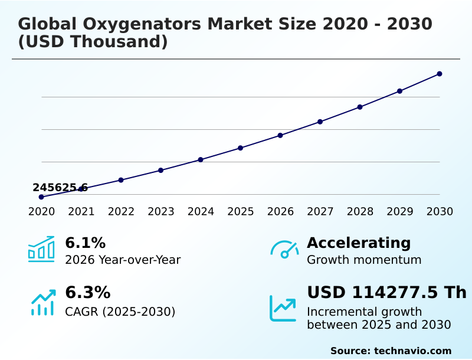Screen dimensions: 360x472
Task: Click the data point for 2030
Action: point(440,74)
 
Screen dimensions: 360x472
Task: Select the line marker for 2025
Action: point(241,148)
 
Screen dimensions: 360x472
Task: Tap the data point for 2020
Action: point(41,197)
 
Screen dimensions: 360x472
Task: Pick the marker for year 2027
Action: point(320,122)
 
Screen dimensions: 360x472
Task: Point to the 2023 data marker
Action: point(161,170)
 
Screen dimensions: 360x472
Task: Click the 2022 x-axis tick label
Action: point(121,212)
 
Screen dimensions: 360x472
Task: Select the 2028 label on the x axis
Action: point(360,212)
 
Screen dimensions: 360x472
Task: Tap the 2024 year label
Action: point(201,212)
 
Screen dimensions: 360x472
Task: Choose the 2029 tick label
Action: point(399,212)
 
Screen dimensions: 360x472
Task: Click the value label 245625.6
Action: point(60,188)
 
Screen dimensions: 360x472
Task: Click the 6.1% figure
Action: point(85,243)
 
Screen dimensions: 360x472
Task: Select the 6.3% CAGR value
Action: point(87,293)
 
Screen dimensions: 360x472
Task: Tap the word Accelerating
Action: point(359,243)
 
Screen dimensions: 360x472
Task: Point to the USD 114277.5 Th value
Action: point(386,293)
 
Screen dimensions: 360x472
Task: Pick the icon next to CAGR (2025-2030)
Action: point(42,302)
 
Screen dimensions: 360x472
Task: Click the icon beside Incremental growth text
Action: point(283,308)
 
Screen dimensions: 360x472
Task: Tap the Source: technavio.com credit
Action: point(391,351)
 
